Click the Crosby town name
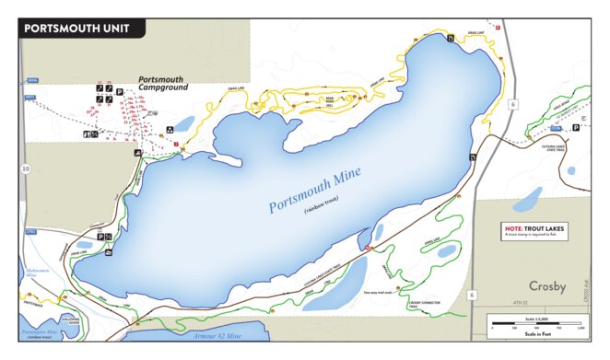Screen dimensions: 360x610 tap(543, 285)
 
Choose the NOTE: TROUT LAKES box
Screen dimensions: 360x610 tap(535, 230)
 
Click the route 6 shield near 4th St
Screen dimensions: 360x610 tap(472, 295)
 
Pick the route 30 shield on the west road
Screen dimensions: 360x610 tap(26, 168)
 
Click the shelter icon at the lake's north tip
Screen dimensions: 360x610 tap(450, 39)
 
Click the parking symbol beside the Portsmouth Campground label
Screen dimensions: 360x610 tap(121, 89)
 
